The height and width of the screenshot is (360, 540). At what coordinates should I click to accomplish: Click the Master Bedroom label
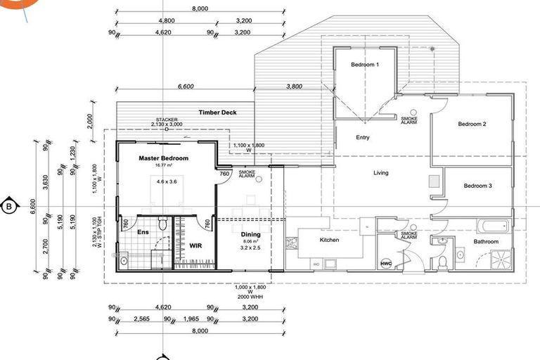[163, 159]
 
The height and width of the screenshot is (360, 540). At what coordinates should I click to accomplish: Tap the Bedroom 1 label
[365, 65]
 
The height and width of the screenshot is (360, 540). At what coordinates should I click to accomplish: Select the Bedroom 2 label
[472, 124]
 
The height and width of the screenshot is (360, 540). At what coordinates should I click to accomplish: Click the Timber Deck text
[217, 112]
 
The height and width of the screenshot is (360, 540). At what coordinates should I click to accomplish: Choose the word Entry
[363, 138]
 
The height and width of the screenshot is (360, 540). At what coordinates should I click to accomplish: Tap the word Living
[380, 173]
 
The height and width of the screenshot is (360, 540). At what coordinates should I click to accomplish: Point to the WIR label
[195, 246]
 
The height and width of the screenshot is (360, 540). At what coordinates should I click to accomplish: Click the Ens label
[143, 232]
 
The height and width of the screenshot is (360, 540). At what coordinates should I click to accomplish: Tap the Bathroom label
[485, 242]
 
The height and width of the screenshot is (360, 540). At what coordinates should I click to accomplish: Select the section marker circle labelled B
[9, 207]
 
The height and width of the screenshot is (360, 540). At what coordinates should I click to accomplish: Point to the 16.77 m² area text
[163, 166]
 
